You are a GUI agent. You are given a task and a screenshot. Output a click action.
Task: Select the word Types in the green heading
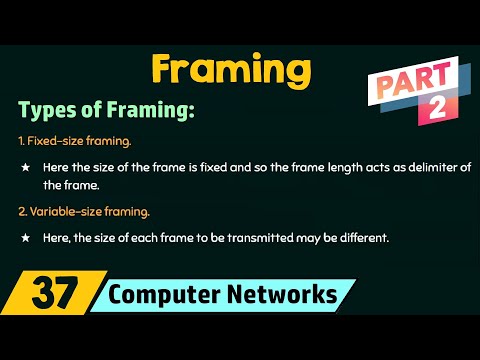pyautogui.click(x=48, y=108)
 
